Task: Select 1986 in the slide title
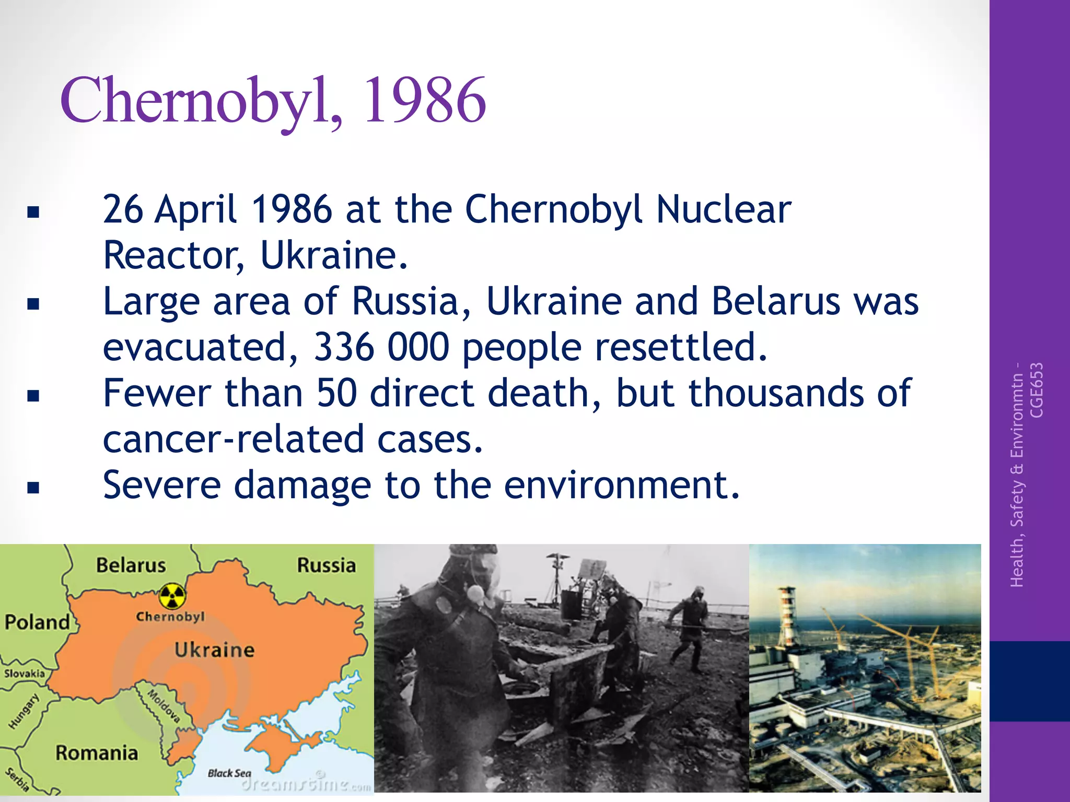pyautogui.click(x=424, y=100)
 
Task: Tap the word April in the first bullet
pyautogui.click(x=196, y=210)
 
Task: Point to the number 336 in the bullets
pyautogui.click(x=344, y=347)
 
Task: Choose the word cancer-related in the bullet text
pyautogui.click(x=233, y=440)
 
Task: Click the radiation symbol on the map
pyautogui.click(x=172, y=596)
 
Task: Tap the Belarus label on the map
pyautogui.click(x=131, y=565)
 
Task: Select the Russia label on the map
pyautogui.click(x=326, y=565)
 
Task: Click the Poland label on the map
pyautogui.click(x=37, y=622)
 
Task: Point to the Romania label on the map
pyautogui.click(x=97, y=753)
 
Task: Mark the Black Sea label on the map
pyautogui.click(x=229, y=773)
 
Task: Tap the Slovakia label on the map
pyautogui.click(x=25, y=674)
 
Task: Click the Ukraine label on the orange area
pyautogui.click(x=214, y=650)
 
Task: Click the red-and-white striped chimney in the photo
pyautogui.click(x=786, y=616)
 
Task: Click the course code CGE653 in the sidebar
pyautogui.click(x=1037, y=390)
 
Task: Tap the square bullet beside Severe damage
pyautogui.click(x=33, y=488)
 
